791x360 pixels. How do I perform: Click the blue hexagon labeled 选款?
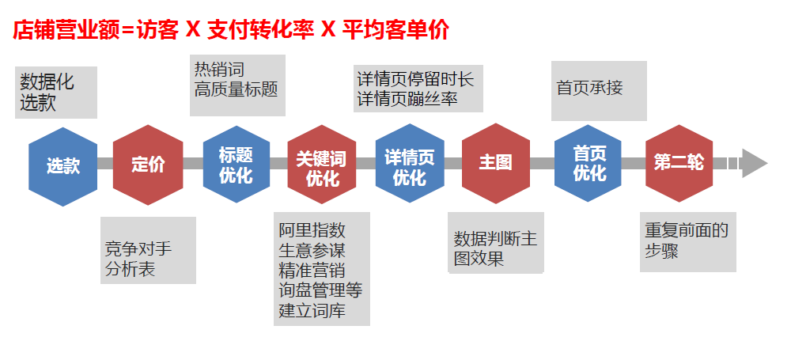pyautogui.click(x=63, y=166)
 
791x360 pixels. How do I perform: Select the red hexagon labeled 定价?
pyautogui.click(x=148, y=165)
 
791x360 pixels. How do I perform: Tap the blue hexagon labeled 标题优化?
pyautogui.click(x=236, y=165)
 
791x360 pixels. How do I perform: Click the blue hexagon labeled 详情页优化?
pyautogui.click(x=409, y=166)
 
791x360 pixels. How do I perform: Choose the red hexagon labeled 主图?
pyautogui.click(x=496, y=163)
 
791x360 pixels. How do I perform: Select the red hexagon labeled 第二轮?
pyautogui.click(x=679, y=163)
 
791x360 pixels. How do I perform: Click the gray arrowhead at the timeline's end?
pyautogui.click(x=755, y=163)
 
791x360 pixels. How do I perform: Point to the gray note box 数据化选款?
pyautogui.click(x=55, y=93)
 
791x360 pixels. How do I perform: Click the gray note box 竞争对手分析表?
pyautogui.click(x=149, y=250)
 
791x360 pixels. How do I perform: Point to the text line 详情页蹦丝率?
pyautogui.click(x=407, y=100)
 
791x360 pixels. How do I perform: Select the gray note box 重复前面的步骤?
pyautogui.click(x=687, y=241)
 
